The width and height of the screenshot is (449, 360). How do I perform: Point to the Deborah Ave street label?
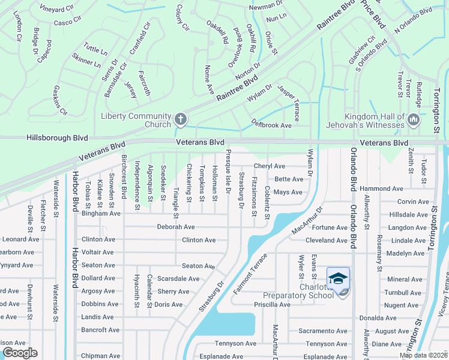point(176,227)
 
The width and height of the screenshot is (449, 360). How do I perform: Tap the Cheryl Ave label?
point(269,166)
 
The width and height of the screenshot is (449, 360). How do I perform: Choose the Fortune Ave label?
point(330,227)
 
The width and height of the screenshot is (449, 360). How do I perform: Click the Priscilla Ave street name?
point(273,304)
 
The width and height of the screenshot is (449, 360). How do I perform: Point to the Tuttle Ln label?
point(95,47)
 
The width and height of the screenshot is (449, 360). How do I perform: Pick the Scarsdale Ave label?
point(178,278)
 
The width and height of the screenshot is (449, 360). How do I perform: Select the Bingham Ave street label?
point(101,213)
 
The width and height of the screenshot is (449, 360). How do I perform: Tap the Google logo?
point(19,353)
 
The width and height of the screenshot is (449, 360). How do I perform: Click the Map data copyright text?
point(423,355)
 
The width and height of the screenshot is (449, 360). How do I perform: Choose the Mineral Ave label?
point(405,279)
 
